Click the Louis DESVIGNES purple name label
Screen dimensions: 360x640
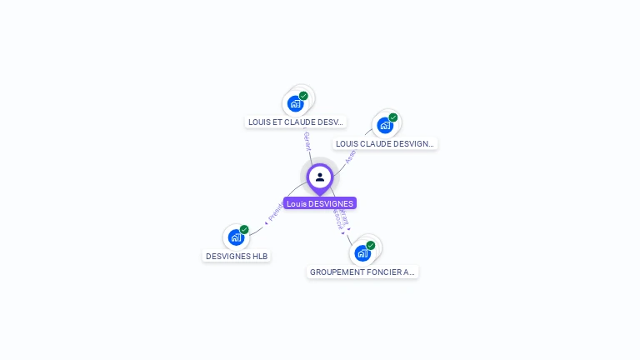point(320,203)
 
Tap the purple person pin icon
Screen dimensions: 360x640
point(320,177)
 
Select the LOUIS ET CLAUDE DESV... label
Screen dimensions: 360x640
point(296,122)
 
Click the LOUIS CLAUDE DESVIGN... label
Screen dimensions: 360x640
point(385,143)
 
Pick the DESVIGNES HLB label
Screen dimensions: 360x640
point(237,256)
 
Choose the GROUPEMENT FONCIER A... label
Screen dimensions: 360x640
point(362,272)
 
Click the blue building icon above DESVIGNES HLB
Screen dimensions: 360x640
point(236,237)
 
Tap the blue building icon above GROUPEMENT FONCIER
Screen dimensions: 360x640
point(362,252)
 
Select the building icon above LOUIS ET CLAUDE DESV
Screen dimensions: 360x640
point(295,103)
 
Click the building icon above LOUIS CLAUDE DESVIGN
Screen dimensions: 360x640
point(384,125)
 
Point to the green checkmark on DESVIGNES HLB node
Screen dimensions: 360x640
point(244,230)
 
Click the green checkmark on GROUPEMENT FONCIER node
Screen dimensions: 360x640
point(371,245)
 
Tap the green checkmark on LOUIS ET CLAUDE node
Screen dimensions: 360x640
point(303,96)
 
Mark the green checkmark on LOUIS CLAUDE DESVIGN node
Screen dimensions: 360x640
point(393,117)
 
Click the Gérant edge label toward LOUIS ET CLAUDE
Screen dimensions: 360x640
point(307,141)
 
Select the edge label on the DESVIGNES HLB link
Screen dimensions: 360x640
point(274,212)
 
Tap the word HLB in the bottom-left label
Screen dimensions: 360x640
point(261,256)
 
